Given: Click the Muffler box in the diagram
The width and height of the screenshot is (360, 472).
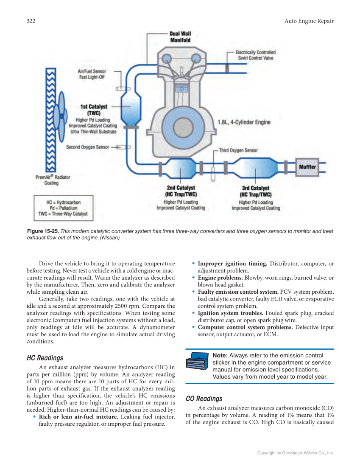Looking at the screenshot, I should click(307, 167).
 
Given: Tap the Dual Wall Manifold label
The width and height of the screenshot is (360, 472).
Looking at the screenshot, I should click(180, 37).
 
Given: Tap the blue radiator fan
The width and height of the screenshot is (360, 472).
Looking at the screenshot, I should click(60, 114).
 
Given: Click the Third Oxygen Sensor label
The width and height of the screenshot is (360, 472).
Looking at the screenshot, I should click(238, 150).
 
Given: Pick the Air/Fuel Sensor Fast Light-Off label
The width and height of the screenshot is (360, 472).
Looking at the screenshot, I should click(92, 74).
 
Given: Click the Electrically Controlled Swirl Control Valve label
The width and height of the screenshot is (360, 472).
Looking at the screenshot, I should click(255, 55).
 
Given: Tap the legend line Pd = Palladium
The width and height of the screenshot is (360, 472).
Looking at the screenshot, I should click(63, 208).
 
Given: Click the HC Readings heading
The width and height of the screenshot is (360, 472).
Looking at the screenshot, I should click(45, 358).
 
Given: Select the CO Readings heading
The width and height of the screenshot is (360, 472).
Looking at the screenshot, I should click(204, 399).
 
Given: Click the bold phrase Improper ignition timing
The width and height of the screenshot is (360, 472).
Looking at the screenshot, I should click(232, 264).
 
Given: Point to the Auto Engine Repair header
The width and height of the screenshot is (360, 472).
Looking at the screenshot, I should click(309, 21).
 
